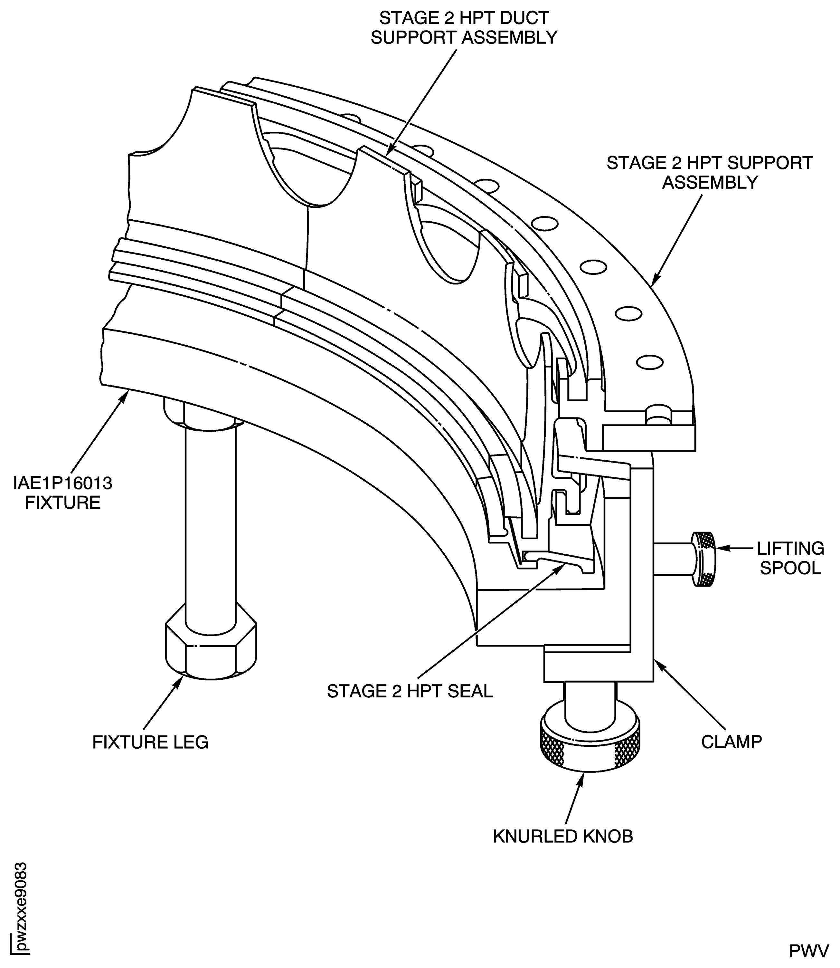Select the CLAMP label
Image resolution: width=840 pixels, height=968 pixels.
tap(731, 742)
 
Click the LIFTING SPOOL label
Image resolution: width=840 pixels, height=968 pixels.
tap(790, 558)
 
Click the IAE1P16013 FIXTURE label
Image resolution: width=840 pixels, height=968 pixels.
tap(63, 493)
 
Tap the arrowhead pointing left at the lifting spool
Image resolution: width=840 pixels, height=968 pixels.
tap(721, 548)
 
